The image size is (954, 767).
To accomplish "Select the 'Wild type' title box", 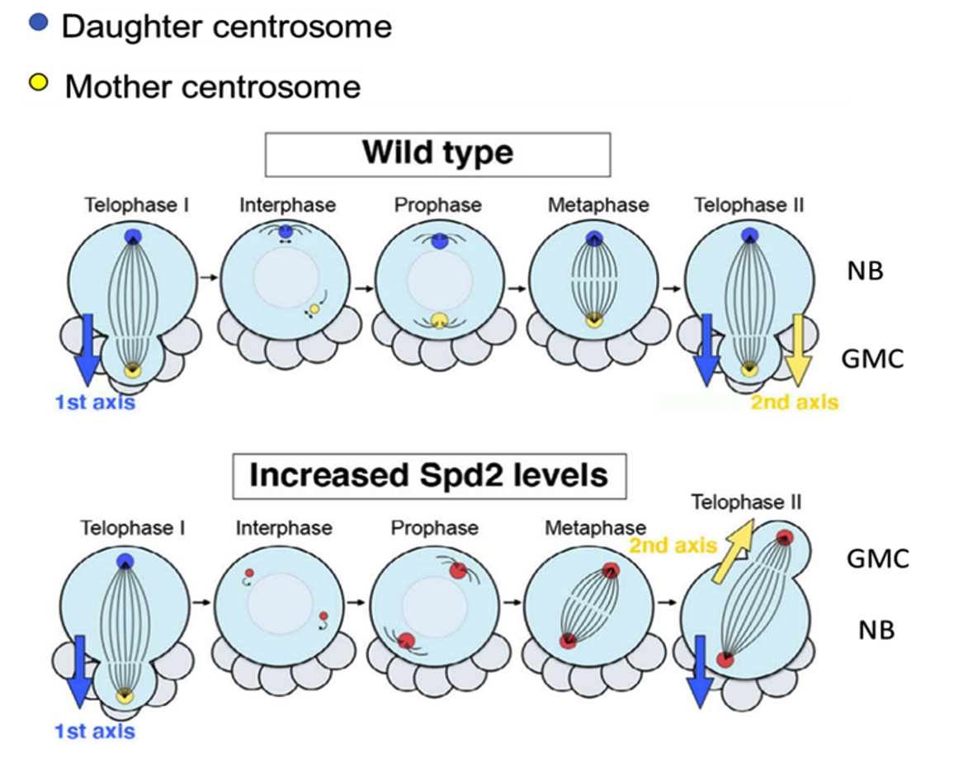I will coord(438,154).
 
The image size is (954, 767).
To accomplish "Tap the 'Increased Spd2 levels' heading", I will coord(428,475).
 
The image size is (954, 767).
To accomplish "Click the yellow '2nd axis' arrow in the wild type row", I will coord(797,346).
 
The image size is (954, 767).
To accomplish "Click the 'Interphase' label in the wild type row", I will coord(286,204).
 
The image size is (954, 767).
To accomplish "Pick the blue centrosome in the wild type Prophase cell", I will coord(439,242).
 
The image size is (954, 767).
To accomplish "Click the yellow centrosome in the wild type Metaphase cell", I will coord(593,322).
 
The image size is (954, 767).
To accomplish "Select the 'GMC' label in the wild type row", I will coord(872,359).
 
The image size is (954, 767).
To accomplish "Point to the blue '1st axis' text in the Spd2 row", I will coord(94,731).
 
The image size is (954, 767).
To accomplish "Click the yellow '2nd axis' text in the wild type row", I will coord(794,402).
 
